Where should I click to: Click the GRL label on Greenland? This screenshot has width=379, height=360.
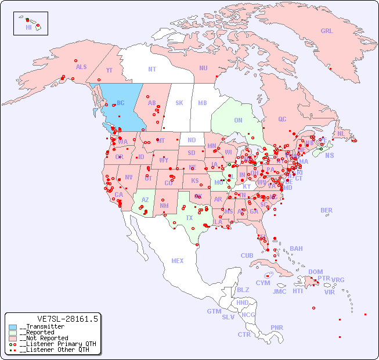pos(327,31)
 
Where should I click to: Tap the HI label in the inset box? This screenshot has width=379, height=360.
pos(28,27)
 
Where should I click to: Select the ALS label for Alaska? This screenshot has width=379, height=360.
pos(81,67)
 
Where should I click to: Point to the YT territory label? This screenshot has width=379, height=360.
pos(109,70)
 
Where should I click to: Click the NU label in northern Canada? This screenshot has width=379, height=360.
pos(203,68)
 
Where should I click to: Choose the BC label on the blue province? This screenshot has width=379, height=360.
pos(121,103)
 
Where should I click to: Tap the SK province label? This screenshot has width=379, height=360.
pos(179,103)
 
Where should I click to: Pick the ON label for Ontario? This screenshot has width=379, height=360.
pos(238,120)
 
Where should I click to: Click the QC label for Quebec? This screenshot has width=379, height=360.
pos(282,119)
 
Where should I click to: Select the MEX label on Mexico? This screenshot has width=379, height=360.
pos(178,261)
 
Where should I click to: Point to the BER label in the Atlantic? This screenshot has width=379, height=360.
pos(326,210)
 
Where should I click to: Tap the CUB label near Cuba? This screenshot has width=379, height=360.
pos(247,255)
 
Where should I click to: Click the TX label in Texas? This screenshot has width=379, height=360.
pos(189,218)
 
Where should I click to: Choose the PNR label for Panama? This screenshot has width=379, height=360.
pos(277,327)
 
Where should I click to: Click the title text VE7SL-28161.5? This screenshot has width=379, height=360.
pos(67,319)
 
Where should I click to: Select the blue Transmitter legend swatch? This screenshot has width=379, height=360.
pos(13,327)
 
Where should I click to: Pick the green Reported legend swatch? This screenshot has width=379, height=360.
pos(13,333)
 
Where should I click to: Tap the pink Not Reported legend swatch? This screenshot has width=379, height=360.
pos(13,338)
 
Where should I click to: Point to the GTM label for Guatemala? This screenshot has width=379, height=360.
pos(214,311)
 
